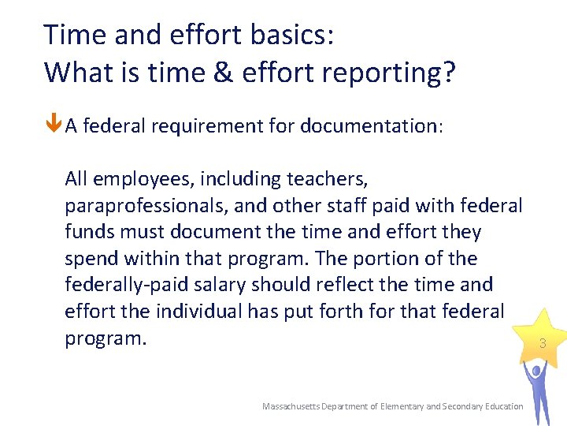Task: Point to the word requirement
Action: pyautogui.click(x=191, y=126)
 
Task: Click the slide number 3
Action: pyautogui.click(x=543, y=343)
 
